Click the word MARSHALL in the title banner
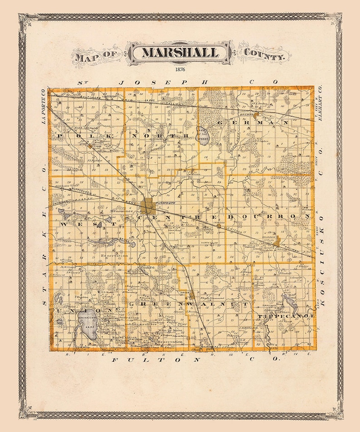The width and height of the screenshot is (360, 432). click(180, 52)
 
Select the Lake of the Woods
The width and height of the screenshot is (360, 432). click(204, 136)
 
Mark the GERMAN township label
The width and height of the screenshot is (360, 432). click(253, 122)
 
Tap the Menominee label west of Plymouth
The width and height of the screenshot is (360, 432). click(119, 212)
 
